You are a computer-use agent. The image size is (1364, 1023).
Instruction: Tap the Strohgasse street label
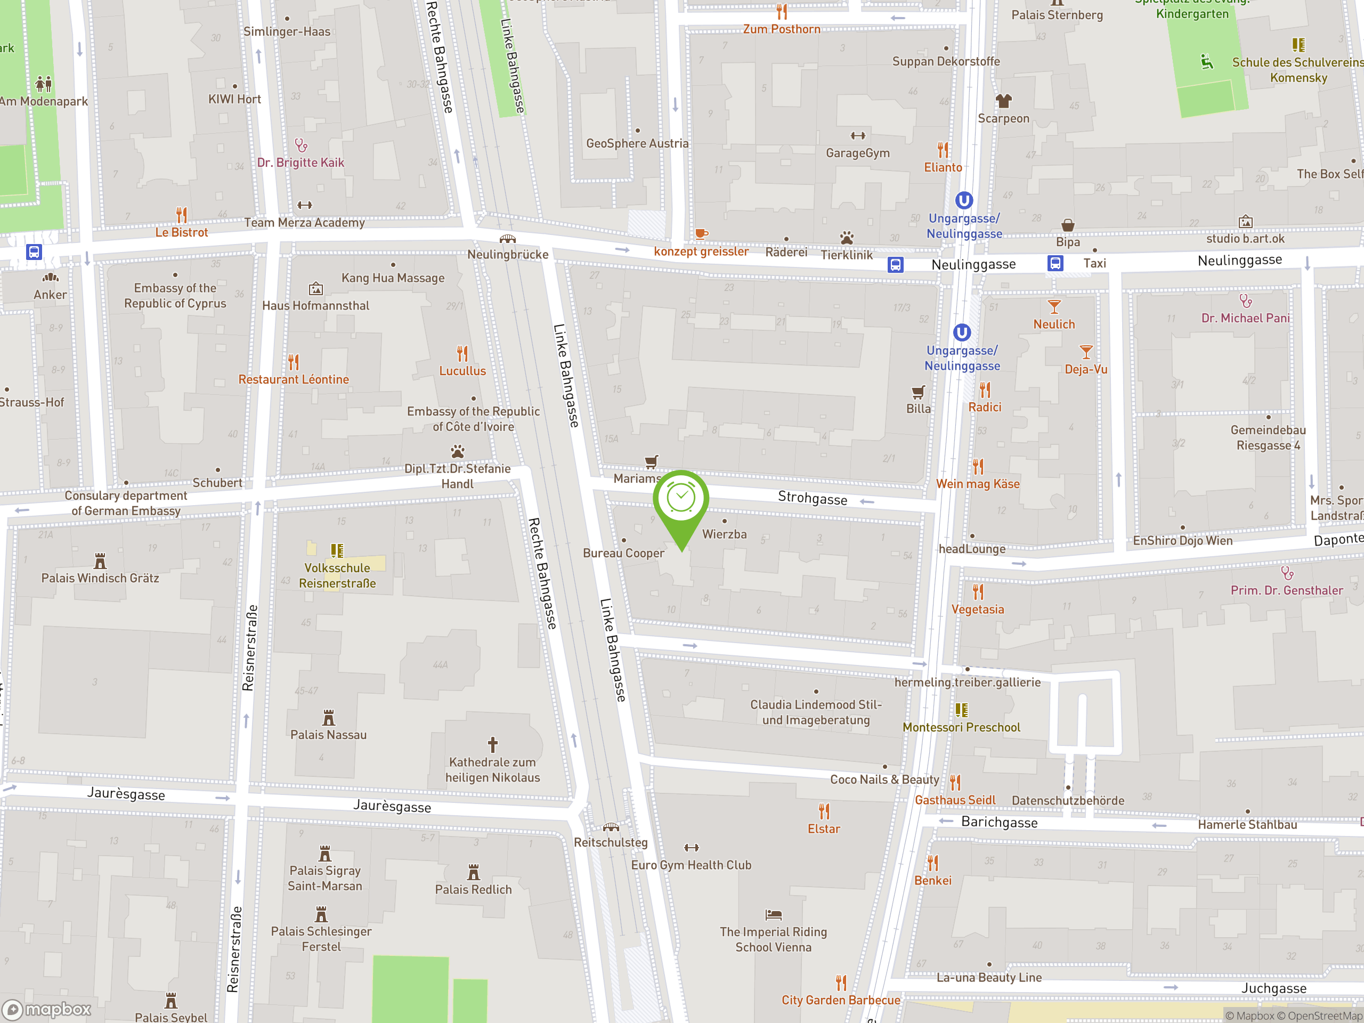(812, 498)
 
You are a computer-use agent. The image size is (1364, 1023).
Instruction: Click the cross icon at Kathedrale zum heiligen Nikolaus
(493, 744)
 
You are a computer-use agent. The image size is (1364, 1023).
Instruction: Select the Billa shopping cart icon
(918, 392)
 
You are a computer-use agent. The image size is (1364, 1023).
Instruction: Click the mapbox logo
(47, 1010)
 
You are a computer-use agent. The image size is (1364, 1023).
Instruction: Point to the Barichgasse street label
(999, 822)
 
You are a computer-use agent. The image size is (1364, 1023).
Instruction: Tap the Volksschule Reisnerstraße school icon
(337, 550)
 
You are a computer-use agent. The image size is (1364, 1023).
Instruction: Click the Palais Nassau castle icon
(329, 718)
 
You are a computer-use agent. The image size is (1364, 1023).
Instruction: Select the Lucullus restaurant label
(462, 371)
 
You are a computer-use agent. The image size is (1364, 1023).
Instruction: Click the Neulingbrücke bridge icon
(507, 239)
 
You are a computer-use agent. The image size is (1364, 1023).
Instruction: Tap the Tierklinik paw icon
(847, 238)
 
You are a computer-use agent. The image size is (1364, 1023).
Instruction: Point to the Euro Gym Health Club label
(691, 865)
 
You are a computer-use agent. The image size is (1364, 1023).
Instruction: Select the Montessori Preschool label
(961, 727)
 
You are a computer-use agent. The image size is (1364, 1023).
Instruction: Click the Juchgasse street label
(1273, 988)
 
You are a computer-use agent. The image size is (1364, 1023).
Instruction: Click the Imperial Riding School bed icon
(773, 914)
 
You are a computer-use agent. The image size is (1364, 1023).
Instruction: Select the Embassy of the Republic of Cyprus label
(175, 295)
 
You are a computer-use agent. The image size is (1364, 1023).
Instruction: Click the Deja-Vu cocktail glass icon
(1086, 352)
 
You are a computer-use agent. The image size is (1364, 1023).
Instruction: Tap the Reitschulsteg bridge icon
(611, 827)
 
